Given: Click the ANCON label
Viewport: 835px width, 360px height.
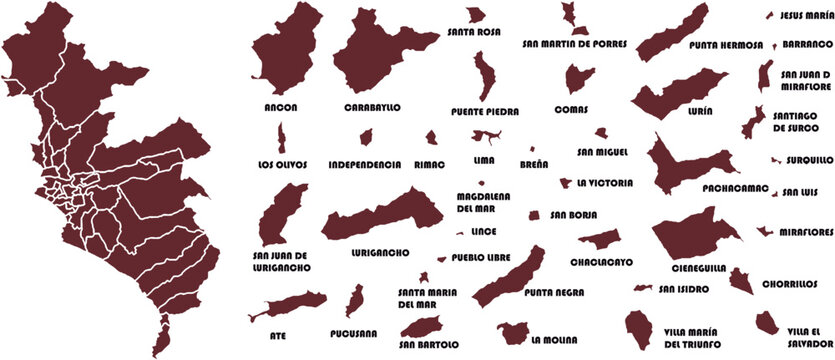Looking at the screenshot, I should click(x=281, y=106).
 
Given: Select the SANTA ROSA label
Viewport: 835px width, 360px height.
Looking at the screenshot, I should click(x=475, y=32).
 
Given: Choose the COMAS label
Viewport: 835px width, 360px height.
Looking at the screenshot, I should click(x=572, y=109).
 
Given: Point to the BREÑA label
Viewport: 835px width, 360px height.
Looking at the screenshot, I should click(x=532, y=163).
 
